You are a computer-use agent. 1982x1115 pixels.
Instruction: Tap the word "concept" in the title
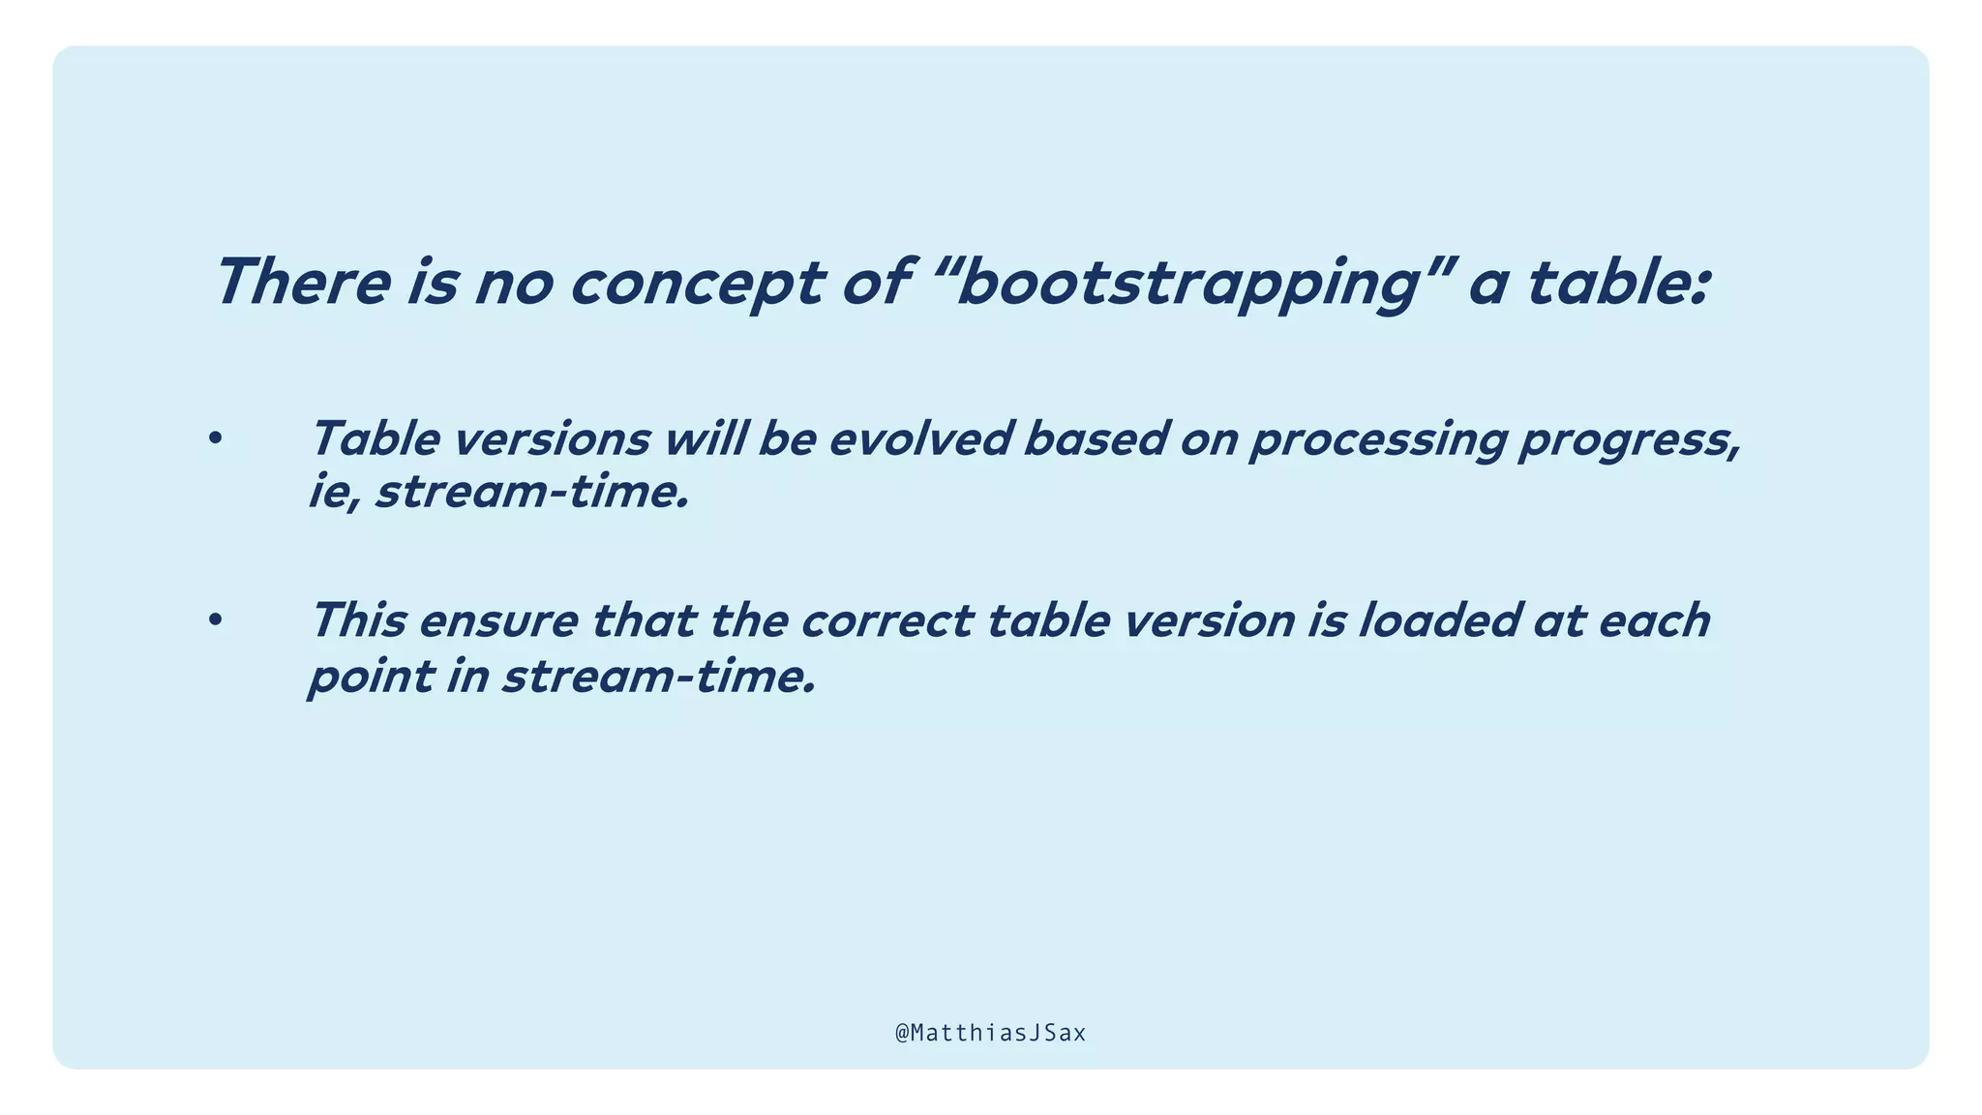[x=696, y=284]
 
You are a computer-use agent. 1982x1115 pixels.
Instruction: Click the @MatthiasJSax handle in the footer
[x=990, y=1033]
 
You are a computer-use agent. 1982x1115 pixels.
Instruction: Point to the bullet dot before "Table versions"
[x=215, y=439]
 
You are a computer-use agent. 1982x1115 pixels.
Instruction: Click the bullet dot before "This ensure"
[x=215, y=620]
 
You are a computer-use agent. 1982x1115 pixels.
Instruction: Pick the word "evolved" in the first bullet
[x=918, y=438]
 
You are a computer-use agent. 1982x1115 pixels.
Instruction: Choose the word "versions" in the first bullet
[x=552, y=438]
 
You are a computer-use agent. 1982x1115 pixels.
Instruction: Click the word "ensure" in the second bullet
[x=498, y=620]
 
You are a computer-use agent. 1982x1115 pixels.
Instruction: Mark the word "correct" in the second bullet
[x=886, y=620]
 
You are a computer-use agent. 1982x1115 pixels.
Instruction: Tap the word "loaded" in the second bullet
[x=1438, y=620]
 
